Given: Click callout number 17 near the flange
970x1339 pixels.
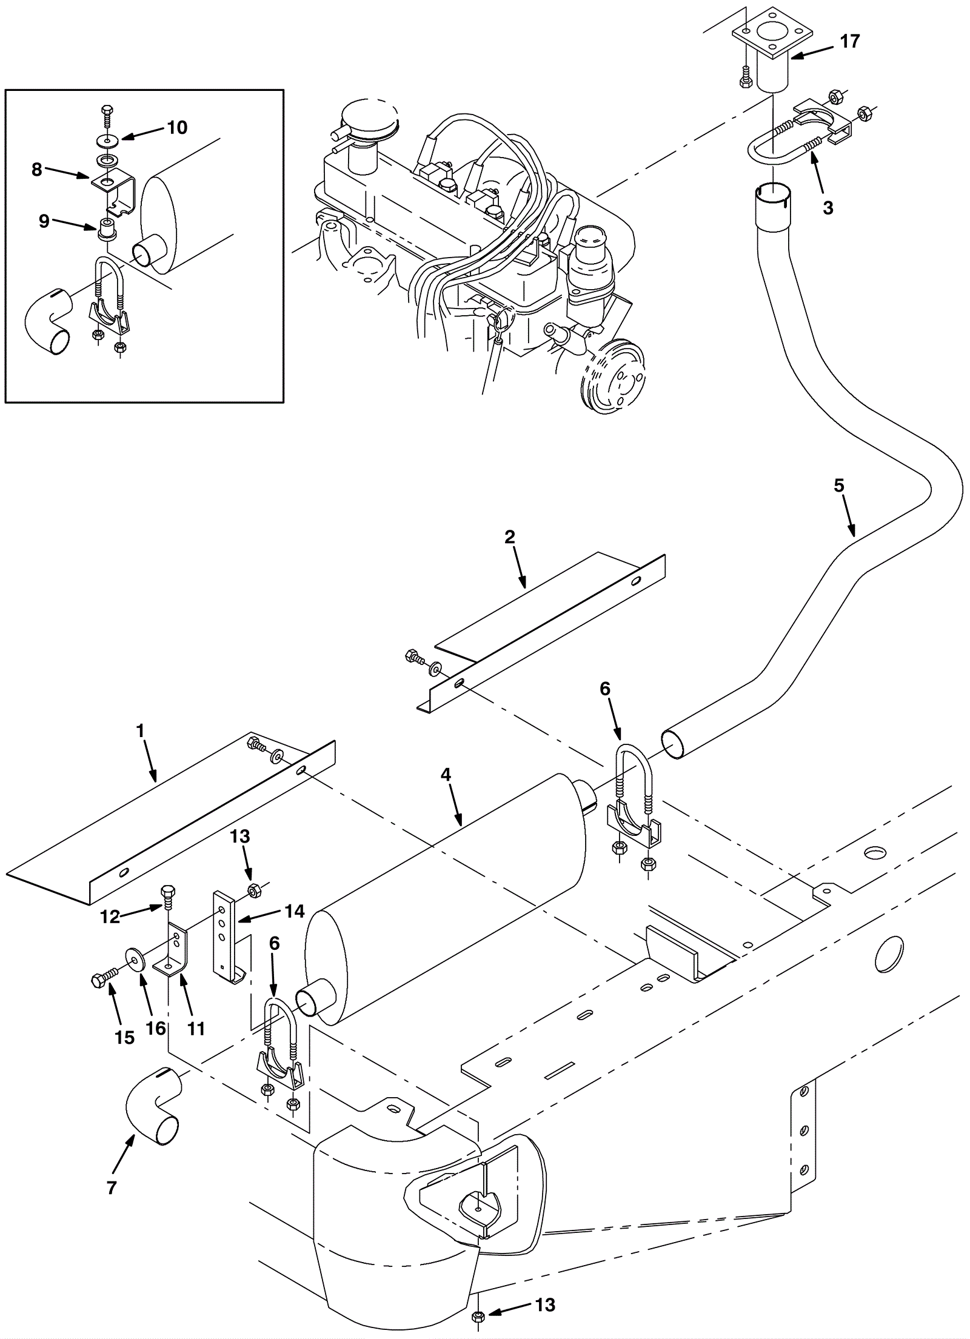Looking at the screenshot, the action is pyautogui.click(x=849, y=41).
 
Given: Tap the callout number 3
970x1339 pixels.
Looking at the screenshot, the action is pyautogui.click(x=828, y=208).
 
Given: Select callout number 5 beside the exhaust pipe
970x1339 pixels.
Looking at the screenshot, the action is pyautogui.click(x=839, y=486).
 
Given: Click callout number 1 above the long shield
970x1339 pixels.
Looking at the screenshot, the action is pyautogui.click(x=141, y=730).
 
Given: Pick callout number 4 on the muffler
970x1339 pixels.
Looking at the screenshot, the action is pyautogui.click(x=446, y=774).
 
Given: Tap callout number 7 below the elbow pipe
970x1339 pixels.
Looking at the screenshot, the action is pyautogui.click(x=112, y=1189).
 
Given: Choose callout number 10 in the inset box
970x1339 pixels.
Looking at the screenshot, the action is pyautogui.click(x=178, y=127).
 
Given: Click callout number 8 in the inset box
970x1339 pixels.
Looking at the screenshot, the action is pyautogui.click(x=37, y=170).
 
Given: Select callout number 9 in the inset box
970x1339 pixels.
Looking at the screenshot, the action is pyautogui.click(x=44, y=222).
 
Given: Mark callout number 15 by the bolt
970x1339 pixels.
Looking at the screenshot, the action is pyautogui.click(x=124, y=1037).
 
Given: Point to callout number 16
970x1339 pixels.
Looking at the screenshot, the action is pyautogui.click(x=156, y=1029).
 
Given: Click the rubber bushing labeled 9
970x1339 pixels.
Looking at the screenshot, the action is pyautogui.click(x=107, y=231).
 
